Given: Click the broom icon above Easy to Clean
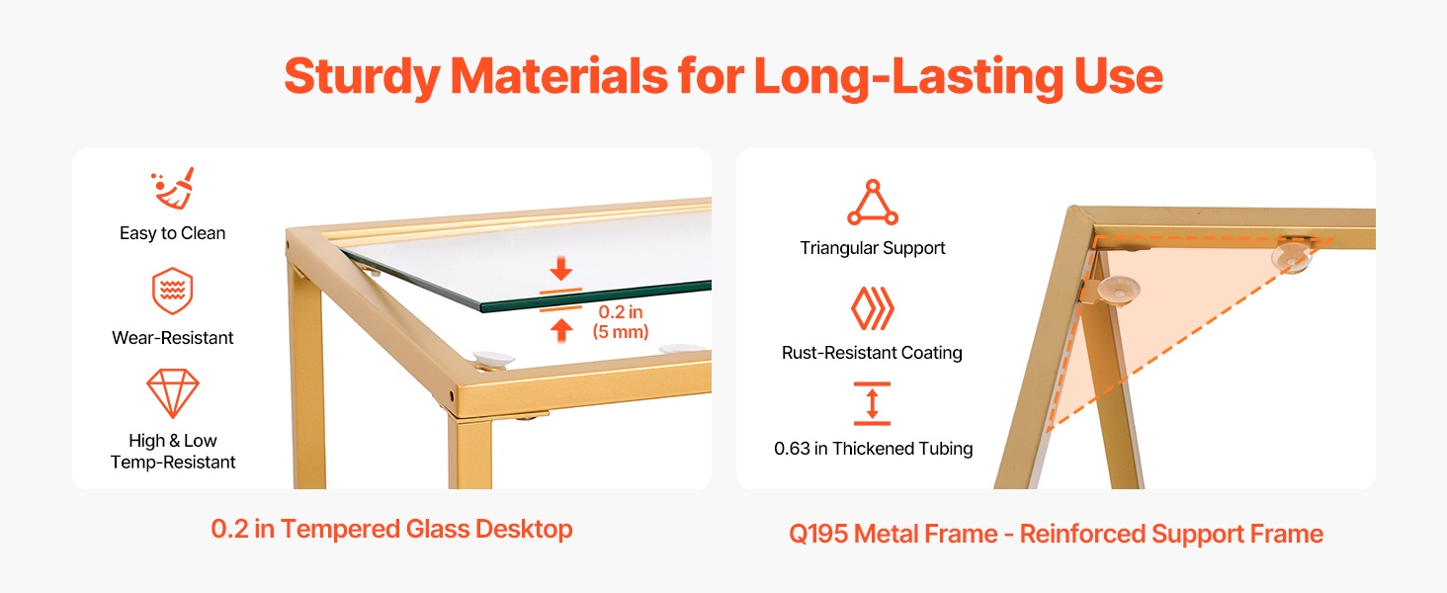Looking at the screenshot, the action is point(173,190).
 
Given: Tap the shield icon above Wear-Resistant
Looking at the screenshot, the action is point(173,291).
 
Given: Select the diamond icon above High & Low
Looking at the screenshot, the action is point(173,393).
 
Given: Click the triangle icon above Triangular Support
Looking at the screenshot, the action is point(873,203).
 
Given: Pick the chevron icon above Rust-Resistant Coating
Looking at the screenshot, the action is point(873,308).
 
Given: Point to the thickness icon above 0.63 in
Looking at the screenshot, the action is point(872,403).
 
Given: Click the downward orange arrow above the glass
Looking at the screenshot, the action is point(560,269).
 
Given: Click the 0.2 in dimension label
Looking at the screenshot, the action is point(620,312).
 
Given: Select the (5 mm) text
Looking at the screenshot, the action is point(620,332).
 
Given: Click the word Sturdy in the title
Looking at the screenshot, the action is point(363,77).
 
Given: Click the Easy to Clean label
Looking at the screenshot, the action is point(173,233).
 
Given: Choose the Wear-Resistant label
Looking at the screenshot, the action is point(173,338).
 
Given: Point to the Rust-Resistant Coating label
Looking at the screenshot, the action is point(872,353).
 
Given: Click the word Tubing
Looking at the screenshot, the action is point(945,449).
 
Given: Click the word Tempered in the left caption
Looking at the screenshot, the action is point(340,530).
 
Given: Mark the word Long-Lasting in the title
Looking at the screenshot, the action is point(909,77).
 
